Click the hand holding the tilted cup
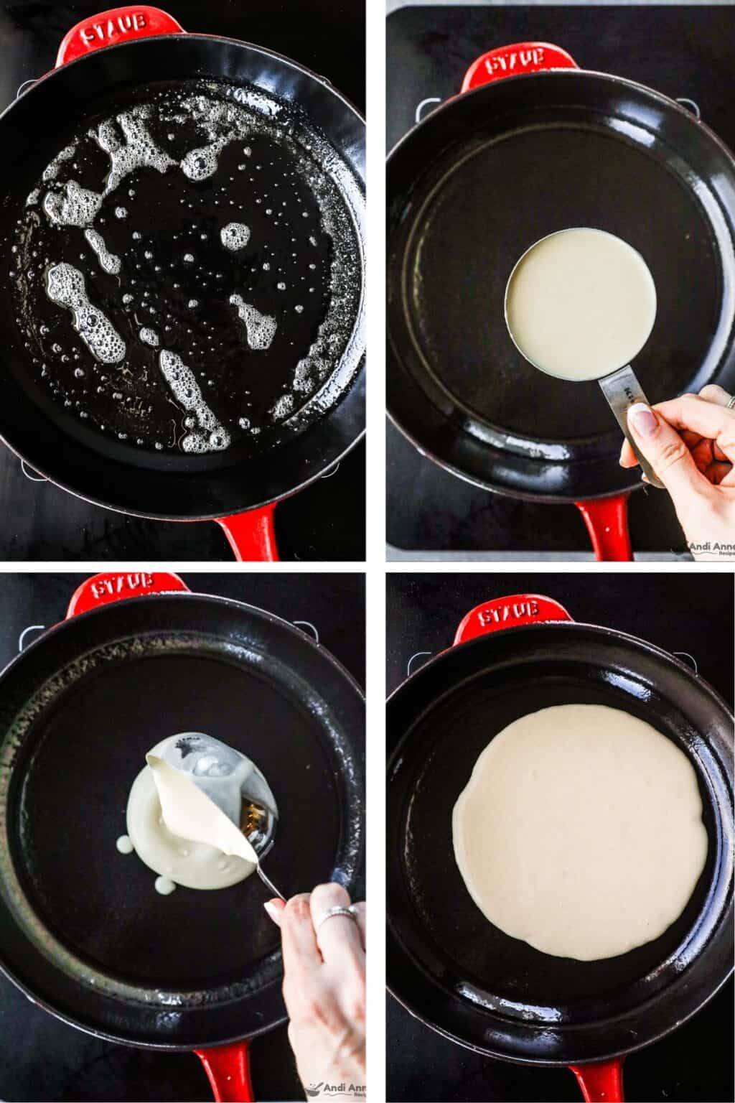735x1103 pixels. [x=323, y=969]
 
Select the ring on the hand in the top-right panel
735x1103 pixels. [x=730, y=401]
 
